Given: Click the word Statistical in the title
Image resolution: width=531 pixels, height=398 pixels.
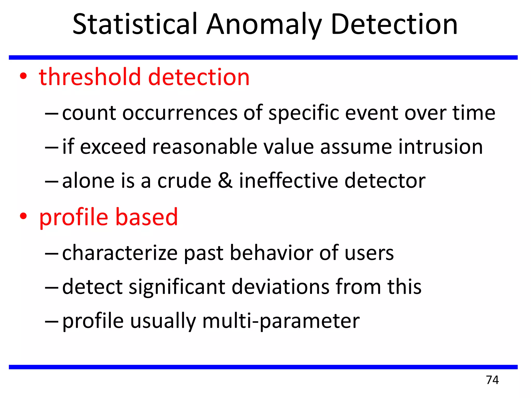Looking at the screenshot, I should (135, 25).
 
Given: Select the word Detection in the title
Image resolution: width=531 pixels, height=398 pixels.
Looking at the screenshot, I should (394, 25).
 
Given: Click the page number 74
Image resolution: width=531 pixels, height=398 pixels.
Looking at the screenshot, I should (492, 380).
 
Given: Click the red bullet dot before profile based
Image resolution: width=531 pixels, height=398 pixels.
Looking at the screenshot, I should (23, 216).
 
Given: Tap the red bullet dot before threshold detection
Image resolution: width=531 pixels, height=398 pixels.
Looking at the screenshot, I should (23, 76).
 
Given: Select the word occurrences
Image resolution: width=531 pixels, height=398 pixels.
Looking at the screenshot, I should (180, 113).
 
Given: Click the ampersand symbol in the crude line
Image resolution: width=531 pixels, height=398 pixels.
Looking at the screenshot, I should (225, 181).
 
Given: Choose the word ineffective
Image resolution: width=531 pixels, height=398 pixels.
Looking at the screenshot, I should (288, 181).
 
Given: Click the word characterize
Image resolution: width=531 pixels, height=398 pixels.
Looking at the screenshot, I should (120, 253).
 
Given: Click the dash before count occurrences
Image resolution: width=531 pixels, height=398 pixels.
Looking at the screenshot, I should (52, 114).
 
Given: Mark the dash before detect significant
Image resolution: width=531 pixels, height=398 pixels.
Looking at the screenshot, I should (52, 287).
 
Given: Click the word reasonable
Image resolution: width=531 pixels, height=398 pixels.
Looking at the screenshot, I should (205, 147).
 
